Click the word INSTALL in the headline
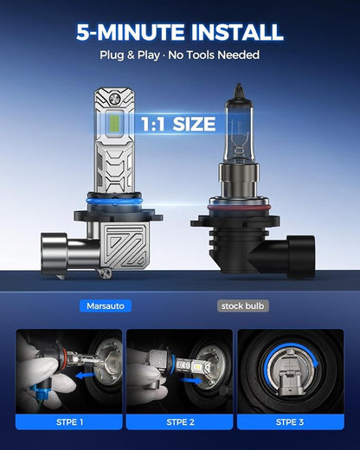[x=237, y=32]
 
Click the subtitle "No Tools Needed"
[x=214, y=55]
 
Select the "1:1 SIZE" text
[x=178, y=124]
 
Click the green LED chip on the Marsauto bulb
[x=115, y=124]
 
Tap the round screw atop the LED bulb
[x=115, y=100]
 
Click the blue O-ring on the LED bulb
[x=114, y=199]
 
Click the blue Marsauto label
[x=106, y=305]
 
